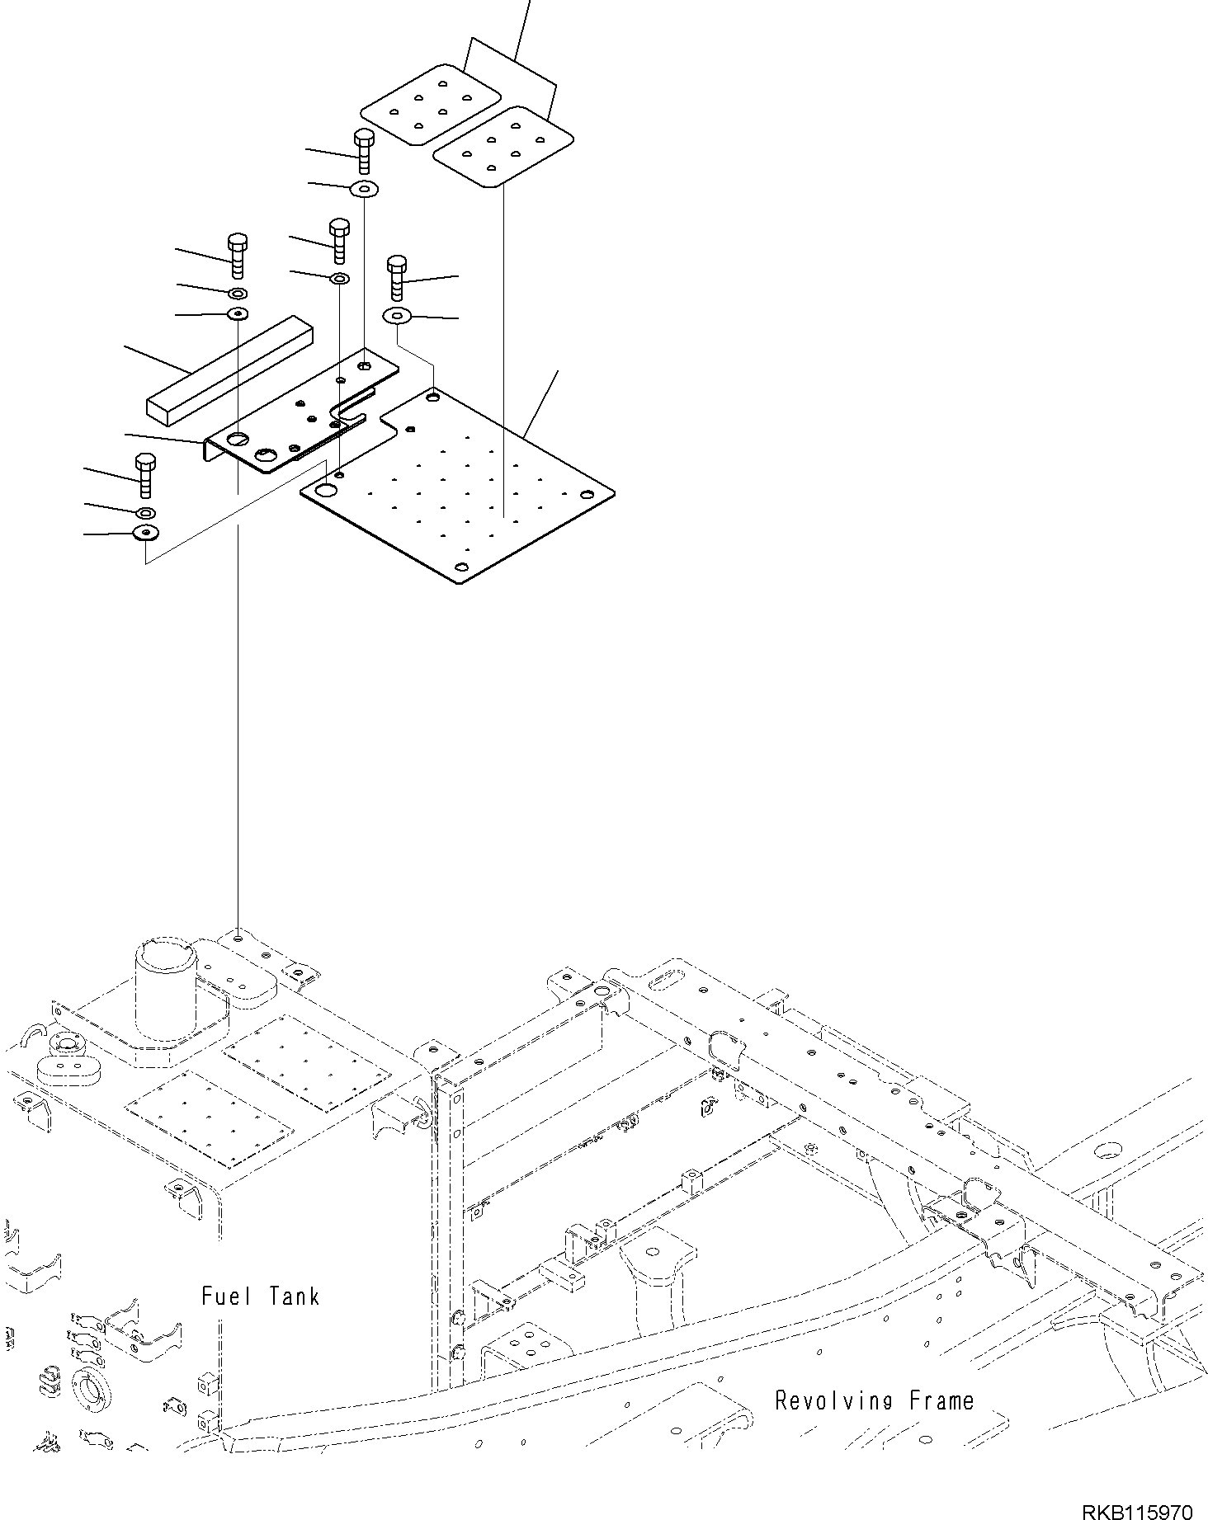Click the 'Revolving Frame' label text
click(x=874, y=1400)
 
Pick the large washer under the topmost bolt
click(x=364, y=190)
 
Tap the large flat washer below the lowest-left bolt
click(x=146, y=534)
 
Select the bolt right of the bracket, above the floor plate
click(x=397, y=276)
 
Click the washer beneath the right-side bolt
click(x=398, y=315)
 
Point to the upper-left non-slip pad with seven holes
click(x=430, y=104)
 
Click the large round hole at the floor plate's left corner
click(x=327, y=491)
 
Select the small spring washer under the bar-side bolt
click(x=238, y=294)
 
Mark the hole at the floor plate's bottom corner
click(x=462, y=567)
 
